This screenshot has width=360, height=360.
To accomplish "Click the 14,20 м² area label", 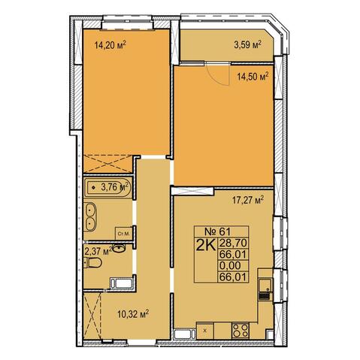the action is [x=110, y=45].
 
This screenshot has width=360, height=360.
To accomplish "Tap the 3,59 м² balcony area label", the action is [x=248, y=45].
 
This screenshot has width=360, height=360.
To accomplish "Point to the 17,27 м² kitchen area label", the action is [x=248, y=200].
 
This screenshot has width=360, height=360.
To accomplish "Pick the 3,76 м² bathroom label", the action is [x=114, y=186].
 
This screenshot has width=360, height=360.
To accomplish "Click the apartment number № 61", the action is [x=217, y=231].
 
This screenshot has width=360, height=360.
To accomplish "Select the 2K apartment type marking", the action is [x=206, y=246].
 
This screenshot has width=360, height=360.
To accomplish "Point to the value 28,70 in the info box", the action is [x=234, y=243].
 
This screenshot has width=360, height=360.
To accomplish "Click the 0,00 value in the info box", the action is [x=230, y=265].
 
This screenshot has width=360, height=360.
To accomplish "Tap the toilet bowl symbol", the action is [x=92, y=263].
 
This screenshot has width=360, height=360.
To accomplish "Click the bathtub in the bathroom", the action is [x=108, y=187].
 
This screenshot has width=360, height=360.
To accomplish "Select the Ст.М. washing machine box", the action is [x=124, y=234].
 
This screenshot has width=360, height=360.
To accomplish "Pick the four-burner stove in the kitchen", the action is [x=241, y=331].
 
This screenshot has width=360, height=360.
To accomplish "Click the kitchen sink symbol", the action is [x=265, y=289].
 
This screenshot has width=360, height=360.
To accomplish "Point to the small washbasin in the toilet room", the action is [x=119, y=249].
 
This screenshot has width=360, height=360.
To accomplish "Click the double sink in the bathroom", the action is [x=89, y=217].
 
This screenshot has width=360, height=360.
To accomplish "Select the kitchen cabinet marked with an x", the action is [x=205, y=331].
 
